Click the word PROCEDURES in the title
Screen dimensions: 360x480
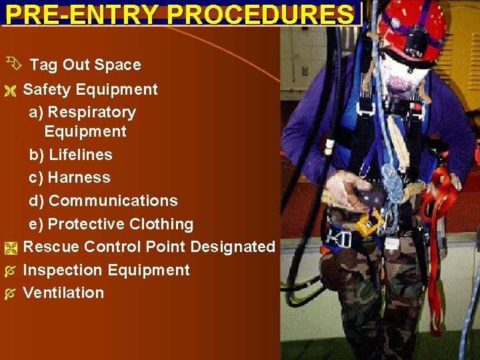coord(256,14)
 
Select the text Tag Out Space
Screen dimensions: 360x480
coord(85,65)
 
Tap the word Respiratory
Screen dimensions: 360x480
coord(92,112)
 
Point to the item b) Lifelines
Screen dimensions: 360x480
coord(71,155)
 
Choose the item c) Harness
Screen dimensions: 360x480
coord(70,177)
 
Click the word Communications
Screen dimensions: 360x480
coord(113,201)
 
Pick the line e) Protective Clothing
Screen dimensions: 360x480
coord(111,224)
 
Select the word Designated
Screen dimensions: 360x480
coord(233,247)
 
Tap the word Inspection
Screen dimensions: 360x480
coord(62,270)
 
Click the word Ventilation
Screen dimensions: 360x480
coord(64,293)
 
